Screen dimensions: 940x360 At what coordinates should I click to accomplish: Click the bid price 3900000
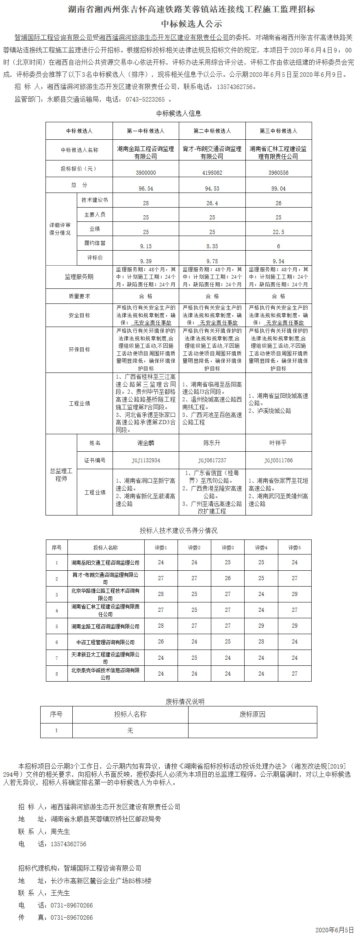(x=146, y=173)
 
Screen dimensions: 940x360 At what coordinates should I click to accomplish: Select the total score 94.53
(x=212, y=188)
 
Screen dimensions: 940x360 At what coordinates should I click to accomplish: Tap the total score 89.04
(x=278, y=188)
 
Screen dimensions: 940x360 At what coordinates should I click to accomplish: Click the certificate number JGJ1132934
(x=146, y=460)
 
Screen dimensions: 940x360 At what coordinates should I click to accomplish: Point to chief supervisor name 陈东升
(x=212, y=443)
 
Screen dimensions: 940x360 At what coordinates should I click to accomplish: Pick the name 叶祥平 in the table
(x=278, y=443)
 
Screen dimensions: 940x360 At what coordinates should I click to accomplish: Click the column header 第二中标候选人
(x=212, y=131)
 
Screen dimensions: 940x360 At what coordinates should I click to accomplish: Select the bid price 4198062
(x=212, y=173)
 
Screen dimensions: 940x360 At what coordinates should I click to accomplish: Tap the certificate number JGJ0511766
(x=278, y=460)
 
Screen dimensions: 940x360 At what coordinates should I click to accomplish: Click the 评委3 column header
(x=228, y=548)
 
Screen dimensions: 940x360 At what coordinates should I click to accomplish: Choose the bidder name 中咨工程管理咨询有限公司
(x=105, y=642)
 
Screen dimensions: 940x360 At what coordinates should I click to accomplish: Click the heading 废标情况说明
(x=185, y=702)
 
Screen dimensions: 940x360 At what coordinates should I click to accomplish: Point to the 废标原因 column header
(x=252, y=714)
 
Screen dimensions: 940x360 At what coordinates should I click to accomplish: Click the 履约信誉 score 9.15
(x=146, y=246)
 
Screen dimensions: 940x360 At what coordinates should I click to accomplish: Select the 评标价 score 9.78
(x=212, y=261)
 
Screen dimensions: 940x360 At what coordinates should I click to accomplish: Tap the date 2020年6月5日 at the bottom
(x=334, y=930)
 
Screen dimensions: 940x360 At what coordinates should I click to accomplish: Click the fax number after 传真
(x=72, y=917)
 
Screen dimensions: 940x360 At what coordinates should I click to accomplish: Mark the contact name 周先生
(x=60, y=832)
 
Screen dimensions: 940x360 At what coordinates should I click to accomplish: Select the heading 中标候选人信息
(x=179, y=113)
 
